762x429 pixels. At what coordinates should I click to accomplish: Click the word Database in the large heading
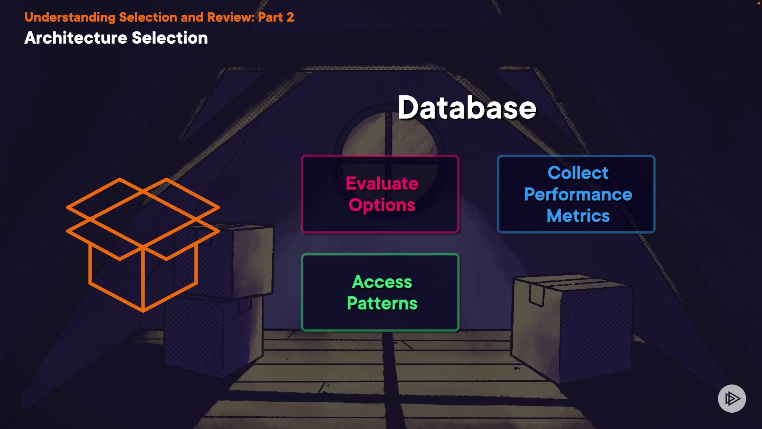coord(467,108)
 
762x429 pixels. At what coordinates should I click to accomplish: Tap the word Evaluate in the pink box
coord(382,184)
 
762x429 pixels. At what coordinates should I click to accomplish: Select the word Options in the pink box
coord(382,205)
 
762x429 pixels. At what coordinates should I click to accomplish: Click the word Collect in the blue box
coord(578,173)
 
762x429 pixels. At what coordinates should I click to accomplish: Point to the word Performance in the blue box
coord(578,194)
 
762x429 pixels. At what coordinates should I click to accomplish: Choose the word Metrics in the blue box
coord(578,216)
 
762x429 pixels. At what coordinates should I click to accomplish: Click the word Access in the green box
coord(382,282)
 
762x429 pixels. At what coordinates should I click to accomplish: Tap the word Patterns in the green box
coord(382,303)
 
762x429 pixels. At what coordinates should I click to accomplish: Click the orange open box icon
coord(143,244)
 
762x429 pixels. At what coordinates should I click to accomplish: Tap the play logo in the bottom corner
coord(732,398)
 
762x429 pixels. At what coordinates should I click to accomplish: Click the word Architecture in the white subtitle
coord(75,38)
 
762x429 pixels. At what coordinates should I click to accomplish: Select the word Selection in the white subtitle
coord(169,38)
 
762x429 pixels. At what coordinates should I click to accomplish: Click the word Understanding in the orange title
coord(70,17)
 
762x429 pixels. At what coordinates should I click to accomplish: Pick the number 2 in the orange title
coord(290,17)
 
